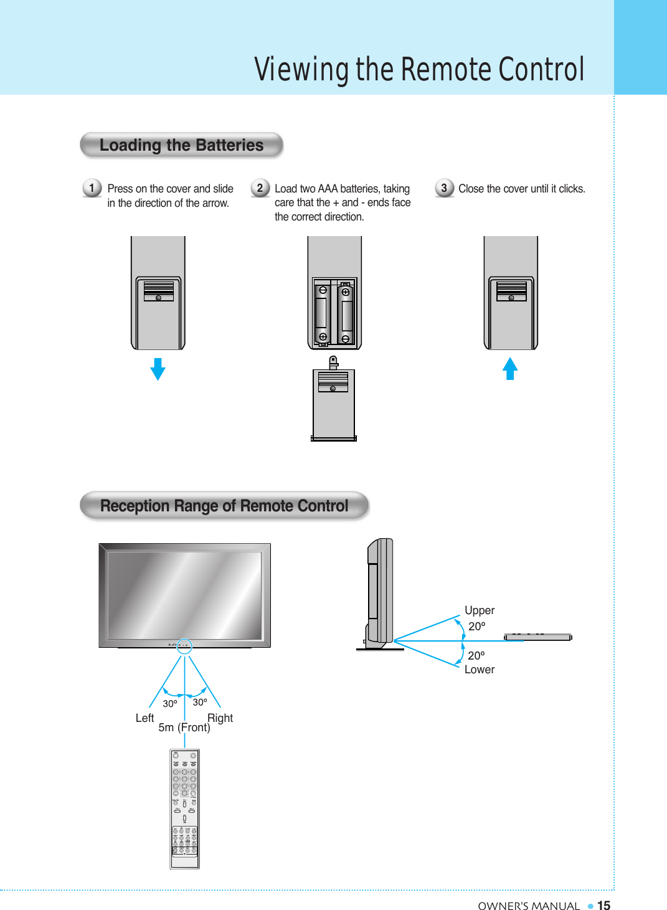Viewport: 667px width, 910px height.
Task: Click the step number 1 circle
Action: point(92,187)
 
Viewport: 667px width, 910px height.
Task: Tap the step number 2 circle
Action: point(260,187)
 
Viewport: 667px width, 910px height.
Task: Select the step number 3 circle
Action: point(444,187)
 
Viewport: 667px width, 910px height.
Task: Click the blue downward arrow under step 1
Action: point(158,369)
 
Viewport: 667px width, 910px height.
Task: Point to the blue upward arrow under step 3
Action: point(510,368)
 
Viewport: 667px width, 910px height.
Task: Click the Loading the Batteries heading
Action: point(181,145)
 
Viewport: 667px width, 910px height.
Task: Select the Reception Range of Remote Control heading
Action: point(224,506)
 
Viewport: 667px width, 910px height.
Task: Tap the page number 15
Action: point(603,906)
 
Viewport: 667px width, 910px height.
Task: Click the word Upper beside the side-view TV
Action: point(480,610)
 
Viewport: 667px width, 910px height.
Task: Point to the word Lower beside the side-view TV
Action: point(480,670)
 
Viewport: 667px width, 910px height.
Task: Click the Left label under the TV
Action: point(144,718)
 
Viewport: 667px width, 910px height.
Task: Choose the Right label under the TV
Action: point(220,718)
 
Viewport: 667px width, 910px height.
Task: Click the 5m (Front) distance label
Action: point(184,728)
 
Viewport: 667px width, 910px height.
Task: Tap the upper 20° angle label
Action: point(476,627)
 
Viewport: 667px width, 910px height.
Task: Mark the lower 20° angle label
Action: point(476,656)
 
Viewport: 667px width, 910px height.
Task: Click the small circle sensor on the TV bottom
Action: point(184,647)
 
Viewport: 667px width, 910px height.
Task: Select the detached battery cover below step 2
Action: point(334,404)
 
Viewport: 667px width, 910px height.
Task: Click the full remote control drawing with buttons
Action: point(185,808)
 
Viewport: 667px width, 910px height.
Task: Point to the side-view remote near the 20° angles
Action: point(538,637)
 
